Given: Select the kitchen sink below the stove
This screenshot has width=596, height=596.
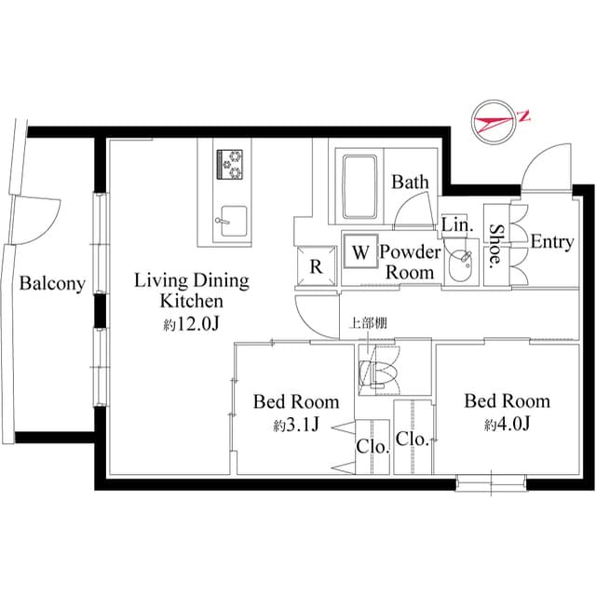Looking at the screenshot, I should (x=230, y=222).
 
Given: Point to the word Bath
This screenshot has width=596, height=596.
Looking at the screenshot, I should (x=410, y=182).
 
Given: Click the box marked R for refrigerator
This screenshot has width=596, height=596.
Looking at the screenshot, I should (x=316, y=266).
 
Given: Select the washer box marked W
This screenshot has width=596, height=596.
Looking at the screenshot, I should (x=359, y=251).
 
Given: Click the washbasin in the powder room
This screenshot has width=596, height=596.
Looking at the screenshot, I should (x=459, y=265).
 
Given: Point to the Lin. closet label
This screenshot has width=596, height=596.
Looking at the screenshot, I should (x=456, y=225).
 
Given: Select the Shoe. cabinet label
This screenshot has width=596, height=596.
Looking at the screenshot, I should (x=497, y=244).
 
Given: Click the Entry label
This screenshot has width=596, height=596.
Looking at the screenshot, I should (x=551, y=242).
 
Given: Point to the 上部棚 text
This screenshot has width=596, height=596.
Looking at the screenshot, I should (x=366, y=325).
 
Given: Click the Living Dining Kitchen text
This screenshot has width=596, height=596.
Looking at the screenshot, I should (x=191, y=290).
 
